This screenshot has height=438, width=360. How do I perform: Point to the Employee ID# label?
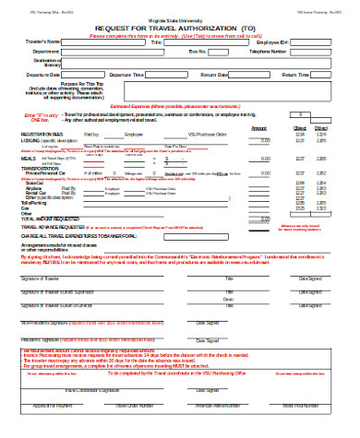point(271,42)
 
